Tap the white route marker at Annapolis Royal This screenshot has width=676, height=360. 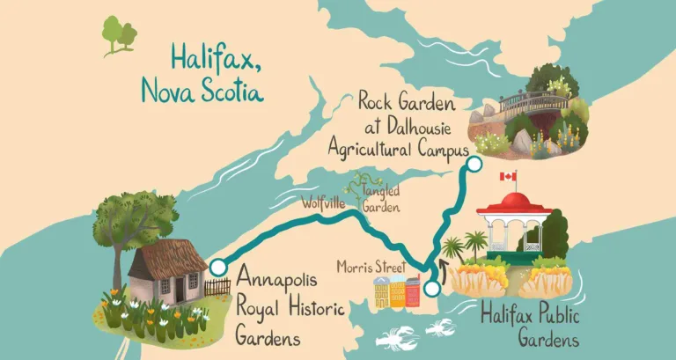tap(217, 267)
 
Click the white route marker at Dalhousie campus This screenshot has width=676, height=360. tap(475, 165)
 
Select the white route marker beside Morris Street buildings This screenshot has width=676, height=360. tap(431, 288)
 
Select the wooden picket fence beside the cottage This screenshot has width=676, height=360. tap(217, 287)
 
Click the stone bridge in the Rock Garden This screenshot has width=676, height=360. tap(533, 102)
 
